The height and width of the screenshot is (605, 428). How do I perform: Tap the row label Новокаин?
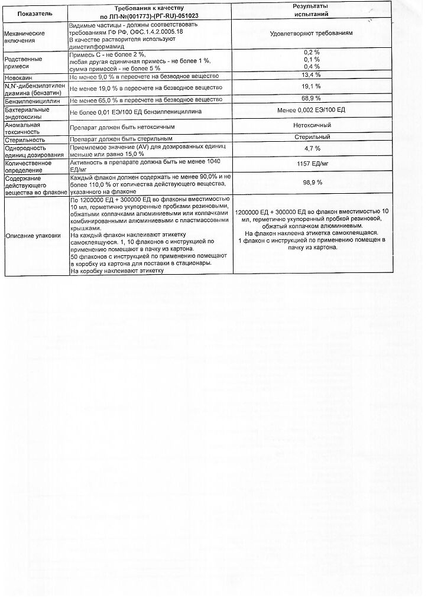[19, 77]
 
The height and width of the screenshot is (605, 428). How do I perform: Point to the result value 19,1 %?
[311, 86]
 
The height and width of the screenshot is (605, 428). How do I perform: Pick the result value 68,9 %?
[311, 98]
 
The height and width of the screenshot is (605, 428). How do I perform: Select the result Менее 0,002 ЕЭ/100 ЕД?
[311, 110]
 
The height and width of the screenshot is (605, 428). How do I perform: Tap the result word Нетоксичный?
[312, 125]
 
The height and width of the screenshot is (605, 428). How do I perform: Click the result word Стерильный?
[312, 137]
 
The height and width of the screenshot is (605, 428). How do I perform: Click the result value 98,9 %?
[312, 183]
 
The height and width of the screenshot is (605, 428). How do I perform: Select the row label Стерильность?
[25, 140]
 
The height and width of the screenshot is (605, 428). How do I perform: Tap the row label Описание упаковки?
[33, 235]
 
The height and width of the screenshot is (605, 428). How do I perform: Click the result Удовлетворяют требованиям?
[311, 33]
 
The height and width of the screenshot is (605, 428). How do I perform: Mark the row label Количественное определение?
[28, 166]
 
